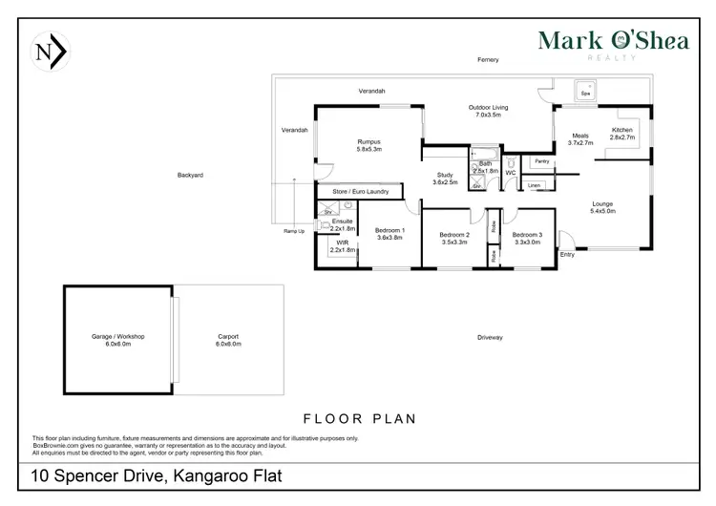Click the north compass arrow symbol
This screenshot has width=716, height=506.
pyautogui.click(x=49, y=52)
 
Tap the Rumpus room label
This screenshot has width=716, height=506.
pyautogui.click(x=369, y=145)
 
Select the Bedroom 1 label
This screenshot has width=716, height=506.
pyautogui.click(x=390, y=234)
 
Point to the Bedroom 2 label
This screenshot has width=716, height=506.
pyautogui.click(x=454, y=239)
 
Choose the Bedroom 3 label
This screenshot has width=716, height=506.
pyautogui.click(x=527, y=239)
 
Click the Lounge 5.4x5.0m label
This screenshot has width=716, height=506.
pyautogui.click(x=603, y=207)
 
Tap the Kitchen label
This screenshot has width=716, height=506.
pyautogui.click(x=622, y=134)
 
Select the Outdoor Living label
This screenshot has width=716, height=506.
pyautogui.click(x=488, y=111)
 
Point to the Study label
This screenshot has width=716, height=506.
pyautogui.click(x=445, y=179)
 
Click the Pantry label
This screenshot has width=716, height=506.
pyautogui.click(x=540, y=161)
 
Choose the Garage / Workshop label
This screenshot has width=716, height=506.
pyautogui.click(x=118, y=340)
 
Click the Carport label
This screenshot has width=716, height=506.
pyautogui.click(x=228, y=340)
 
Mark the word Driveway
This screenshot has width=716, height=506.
pyautogui.click(x=490, y=338)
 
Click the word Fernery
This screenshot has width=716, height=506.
pyautogui.click(x=489, y=59)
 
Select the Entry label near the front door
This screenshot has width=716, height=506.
pyautogui.click(x=568, y=255)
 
